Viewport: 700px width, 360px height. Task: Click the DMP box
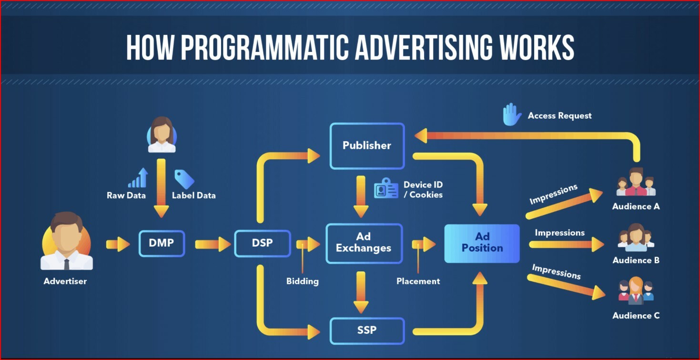(x=162, y=243)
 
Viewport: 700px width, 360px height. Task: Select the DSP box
(x=263, y=243)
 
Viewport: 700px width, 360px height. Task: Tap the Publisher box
(x=367, y=146)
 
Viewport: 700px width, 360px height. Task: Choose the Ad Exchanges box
(x=364, y=243)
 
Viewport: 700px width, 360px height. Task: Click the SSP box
(x=367, y=330)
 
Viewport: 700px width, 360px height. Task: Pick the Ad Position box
(x=482, y=243)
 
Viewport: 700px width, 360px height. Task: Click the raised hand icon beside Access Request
(x=512, y=114)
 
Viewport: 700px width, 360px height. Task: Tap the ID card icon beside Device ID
(x=386, y=188)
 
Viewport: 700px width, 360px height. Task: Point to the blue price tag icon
(x=184, y=179)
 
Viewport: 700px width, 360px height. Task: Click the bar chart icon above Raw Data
(x=138, y=178)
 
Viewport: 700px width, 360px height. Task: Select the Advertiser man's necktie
(x=67, y=264)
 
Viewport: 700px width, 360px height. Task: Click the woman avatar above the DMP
(x=162, y=134)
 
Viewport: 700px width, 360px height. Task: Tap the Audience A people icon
(x=636, y=182)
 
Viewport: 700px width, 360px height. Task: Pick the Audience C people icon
(x=636, y=290)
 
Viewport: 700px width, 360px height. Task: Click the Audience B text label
(x=636, y=260)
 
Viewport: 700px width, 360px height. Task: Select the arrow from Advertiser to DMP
(x=118, y=244)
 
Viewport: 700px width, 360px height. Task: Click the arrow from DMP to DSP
(x=213, y=244)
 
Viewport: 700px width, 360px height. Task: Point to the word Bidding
(x=303, y=281)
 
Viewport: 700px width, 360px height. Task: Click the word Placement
(x=418, y=281)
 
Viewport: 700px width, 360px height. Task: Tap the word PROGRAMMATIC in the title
(x=265, y=47)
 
